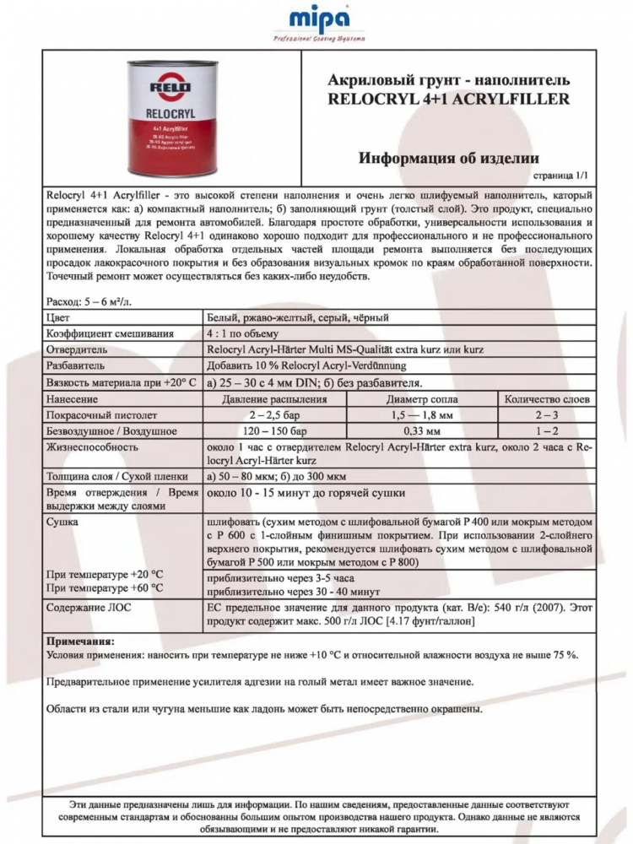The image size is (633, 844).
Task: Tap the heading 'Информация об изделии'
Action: tap(448, 158)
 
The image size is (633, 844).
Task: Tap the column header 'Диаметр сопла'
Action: tap(422, 398)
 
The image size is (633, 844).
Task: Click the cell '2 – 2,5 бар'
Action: tap(275, 414)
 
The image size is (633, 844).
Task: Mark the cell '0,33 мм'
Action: tap(422, 430)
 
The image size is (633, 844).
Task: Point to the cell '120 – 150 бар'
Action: tap(275, 430)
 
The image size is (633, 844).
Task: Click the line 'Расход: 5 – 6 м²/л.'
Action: tap(89, 301)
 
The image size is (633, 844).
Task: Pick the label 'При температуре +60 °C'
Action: tap(105, 587)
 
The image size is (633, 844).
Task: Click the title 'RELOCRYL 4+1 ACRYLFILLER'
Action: tap(448, 99)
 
